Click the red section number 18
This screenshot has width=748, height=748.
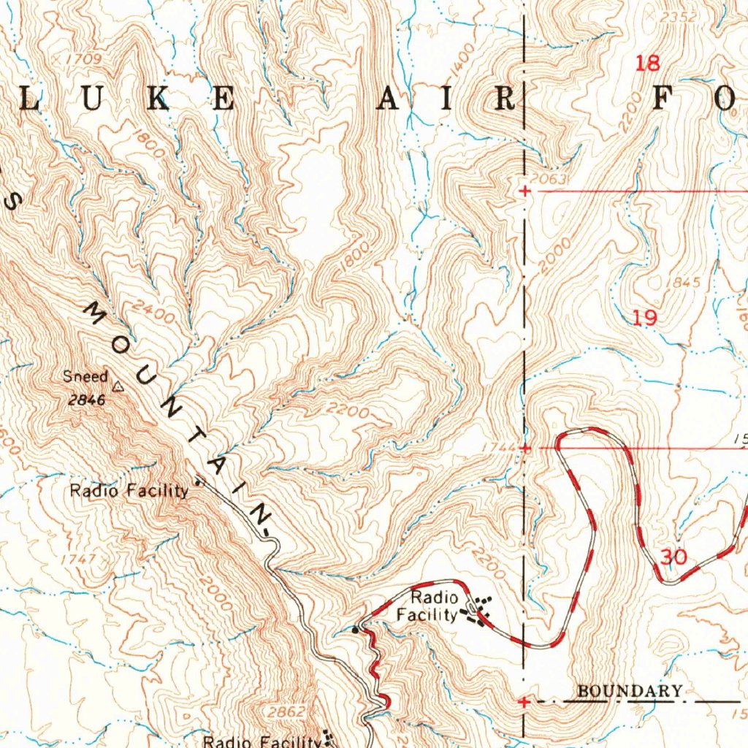(647, 64)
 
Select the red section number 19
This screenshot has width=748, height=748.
(645, 318)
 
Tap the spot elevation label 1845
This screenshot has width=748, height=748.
(687, 283)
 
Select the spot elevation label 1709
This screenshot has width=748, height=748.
(83, 58)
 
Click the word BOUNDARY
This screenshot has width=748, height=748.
(630, 691)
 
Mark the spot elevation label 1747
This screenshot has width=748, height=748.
(79, 559)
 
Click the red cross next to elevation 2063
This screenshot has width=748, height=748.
(524, 191)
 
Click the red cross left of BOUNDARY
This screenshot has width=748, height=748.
(524, 702)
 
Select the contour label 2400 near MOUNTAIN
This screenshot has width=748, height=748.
(155, 314)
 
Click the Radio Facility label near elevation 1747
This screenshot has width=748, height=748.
(129, 491)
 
